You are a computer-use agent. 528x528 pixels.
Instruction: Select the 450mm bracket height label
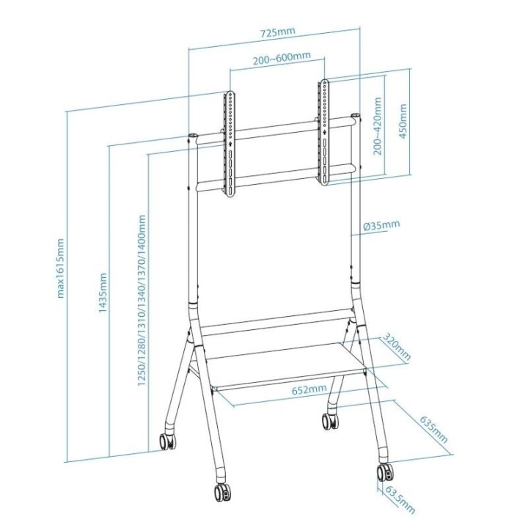[x=403, y=122]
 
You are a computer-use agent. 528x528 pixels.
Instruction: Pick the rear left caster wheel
[x=166, y=441]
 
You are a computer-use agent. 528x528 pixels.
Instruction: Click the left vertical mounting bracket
[x=230, y=143]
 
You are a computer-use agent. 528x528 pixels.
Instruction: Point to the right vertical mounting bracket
[x=323, y=131]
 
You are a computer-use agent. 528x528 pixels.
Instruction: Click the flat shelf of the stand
[x=286, y=365]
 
